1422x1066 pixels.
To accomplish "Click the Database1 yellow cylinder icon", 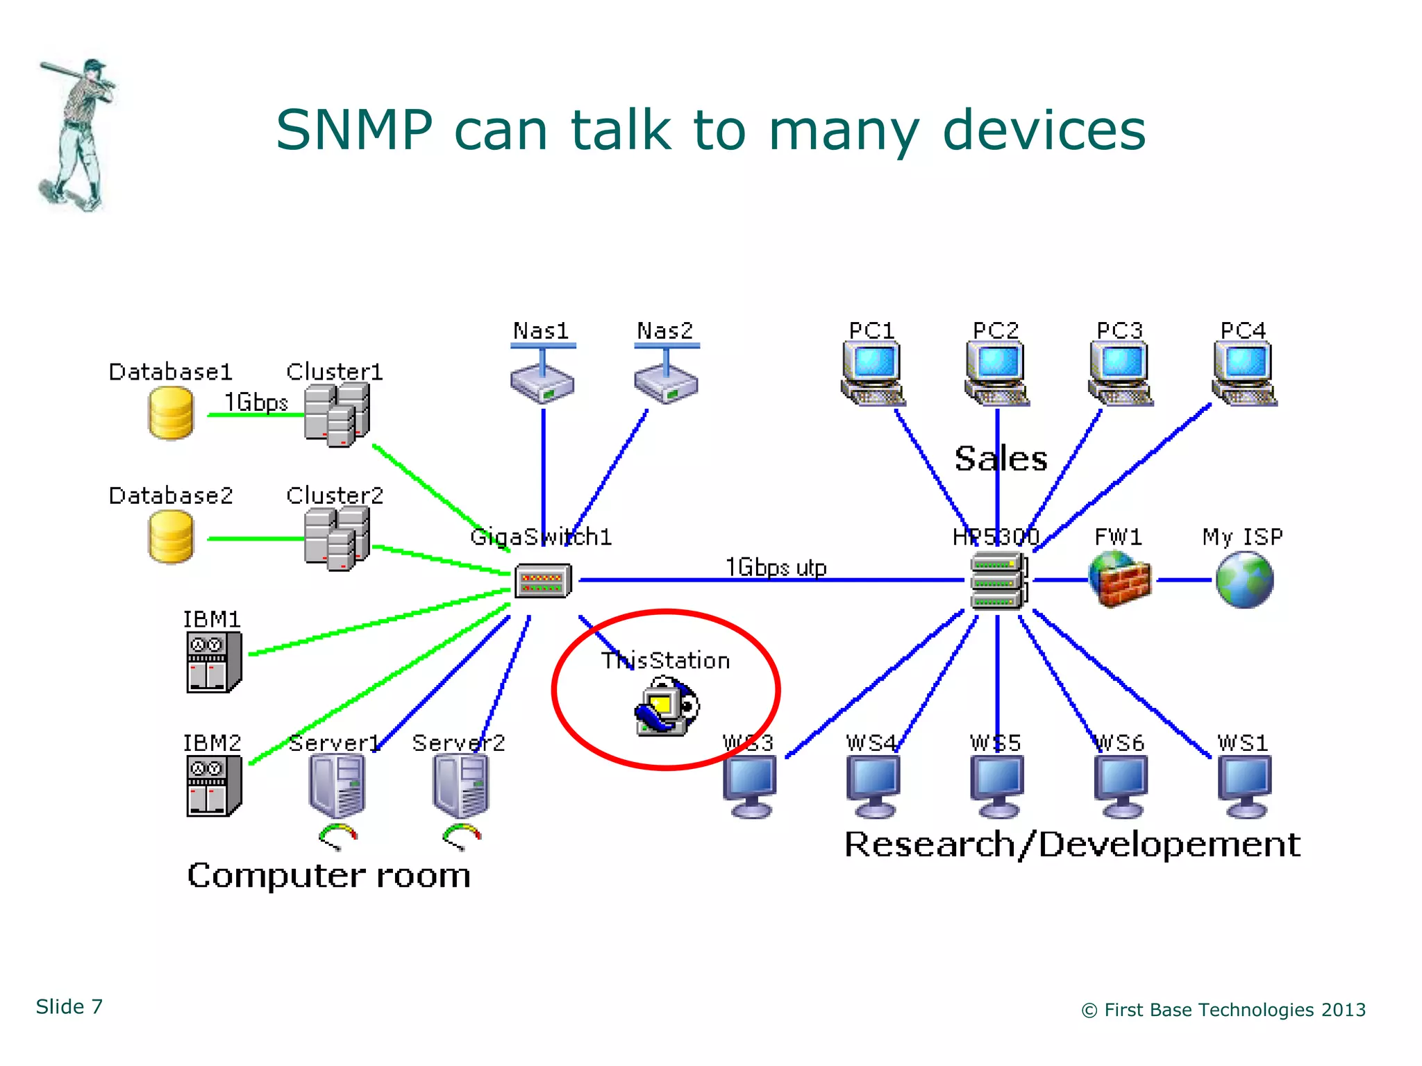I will (x=171, y=413).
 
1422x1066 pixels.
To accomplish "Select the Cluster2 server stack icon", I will (x=337, y=538).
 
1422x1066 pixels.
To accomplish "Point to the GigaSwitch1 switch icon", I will (x=543, y=581).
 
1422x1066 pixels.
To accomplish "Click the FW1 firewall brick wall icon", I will (x=1119, y=579).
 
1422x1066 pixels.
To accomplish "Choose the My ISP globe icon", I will (x=1244, y=579).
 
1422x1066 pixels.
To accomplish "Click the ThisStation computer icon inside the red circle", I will (x=665, y=707).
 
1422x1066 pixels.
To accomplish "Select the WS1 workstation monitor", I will (x=1244, y=786).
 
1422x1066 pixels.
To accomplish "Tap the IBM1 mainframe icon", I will (x=213, y=662).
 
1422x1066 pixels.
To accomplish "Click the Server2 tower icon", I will (x=460, y=786).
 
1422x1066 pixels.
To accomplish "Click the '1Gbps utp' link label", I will (x=776, y=567).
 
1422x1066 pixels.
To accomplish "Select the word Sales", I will (x=1001, y=459).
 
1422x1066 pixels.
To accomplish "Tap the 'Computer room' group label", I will (x=328, y=875).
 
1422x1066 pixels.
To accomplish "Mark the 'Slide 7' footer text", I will (x=69, y=1006).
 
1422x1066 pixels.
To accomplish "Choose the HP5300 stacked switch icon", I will (x=997, y=581).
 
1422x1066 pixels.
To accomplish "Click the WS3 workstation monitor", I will (x=750, y=786).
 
